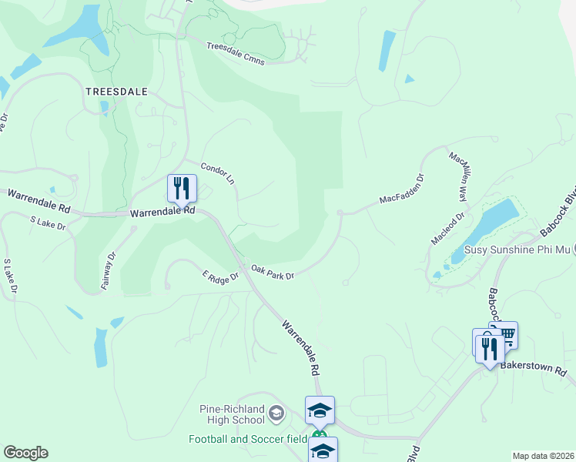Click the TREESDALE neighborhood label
116,90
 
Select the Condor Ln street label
217,173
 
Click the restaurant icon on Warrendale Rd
182,188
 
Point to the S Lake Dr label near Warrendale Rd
48,224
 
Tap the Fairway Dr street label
108,270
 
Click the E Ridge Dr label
221,275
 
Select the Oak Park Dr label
273,272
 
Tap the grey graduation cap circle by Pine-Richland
276,415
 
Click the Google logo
25,453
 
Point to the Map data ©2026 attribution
543,456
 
